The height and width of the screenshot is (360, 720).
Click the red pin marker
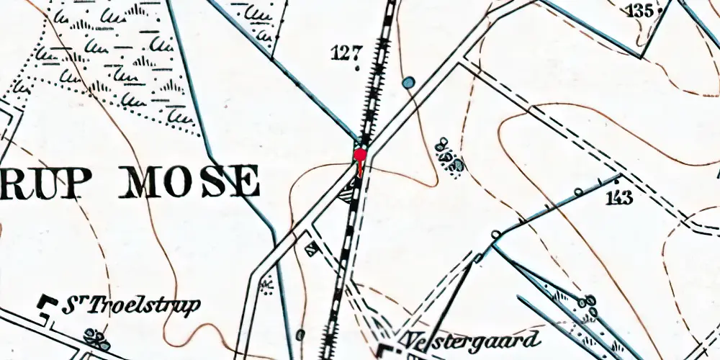[360, 155]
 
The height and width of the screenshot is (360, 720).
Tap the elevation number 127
[346, 53]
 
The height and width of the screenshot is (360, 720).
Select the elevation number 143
[619, 198]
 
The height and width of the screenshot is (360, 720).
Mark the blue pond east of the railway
[409, 84]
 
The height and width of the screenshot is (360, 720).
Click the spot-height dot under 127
[358, 69]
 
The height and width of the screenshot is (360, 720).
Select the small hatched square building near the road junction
[311, 250]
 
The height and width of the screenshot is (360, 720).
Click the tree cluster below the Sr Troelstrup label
[94, 336]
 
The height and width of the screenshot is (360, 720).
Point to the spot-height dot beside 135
[658, 10]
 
